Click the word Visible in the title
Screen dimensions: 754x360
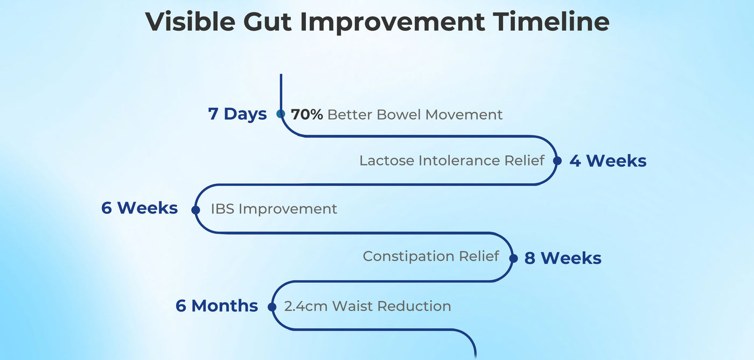coord(190,22)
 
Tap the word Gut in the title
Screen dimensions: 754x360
coord(267,22)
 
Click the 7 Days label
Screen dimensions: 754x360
coord(238,114)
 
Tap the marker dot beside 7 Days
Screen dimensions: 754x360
coord(281,114)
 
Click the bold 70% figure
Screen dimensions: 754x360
coord(306,114)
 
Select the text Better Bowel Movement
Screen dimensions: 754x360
coord(415,114)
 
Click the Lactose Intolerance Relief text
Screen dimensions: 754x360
coord(452,160)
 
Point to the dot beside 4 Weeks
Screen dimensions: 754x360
coord(557,161)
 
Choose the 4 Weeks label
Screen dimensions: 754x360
coord(608,161)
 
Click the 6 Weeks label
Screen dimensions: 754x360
coord(139,208)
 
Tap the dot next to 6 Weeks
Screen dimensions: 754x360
coord(196,210)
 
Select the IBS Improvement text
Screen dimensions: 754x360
coord(274,209)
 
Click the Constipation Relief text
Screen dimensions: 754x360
coord(431,256)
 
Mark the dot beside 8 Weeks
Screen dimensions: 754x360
coord(513,258)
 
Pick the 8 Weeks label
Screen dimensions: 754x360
coord(563,258)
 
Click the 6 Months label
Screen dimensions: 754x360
coord(217,306)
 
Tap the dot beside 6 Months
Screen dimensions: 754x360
coord(272,307)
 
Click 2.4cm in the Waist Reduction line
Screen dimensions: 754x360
coord(306,306)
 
